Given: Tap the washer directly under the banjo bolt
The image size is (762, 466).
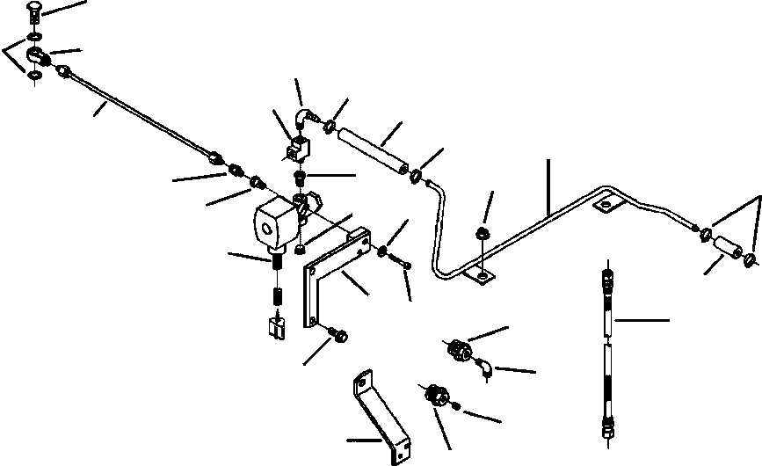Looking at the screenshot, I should (33, 36).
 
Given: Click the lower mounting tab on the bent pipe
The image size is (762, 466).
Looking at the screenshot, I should (479, 277).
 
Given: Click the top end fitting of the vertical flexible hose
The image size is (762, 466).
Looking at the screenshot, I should (606, 273).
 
